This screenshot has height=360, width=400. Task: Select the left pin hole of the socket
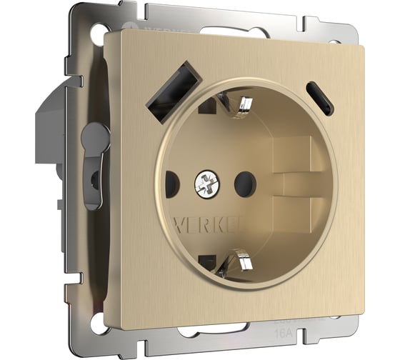point(172,185)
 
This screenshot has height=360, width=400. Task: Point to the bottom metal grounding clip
point(236,268)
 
